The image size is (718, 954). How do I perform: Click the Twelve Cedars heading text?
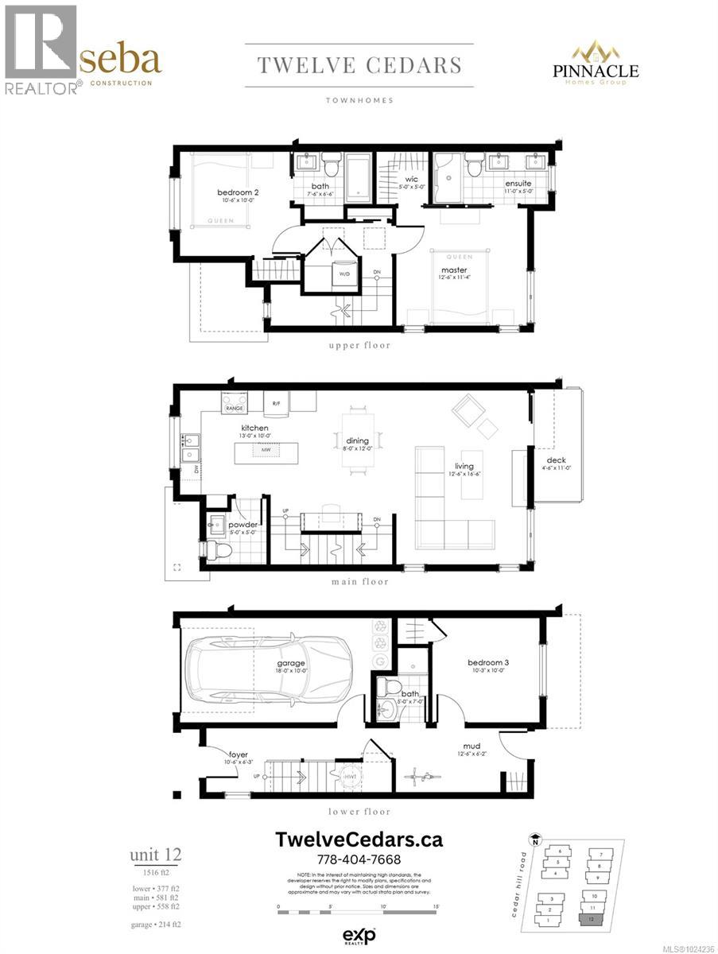(x=359, y=65)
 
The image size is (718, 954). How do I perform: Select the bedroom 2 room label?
(x=239, y=192)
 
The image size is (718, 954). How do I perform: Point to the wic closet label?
(x=411, y=180)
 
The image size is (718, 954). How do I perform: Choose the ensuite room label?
(x=518, y=184)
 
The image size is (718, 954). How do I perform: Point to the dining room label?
(x=357, y=440)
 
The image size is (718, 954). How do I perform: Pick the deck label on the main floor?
(x=555, y=460)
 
